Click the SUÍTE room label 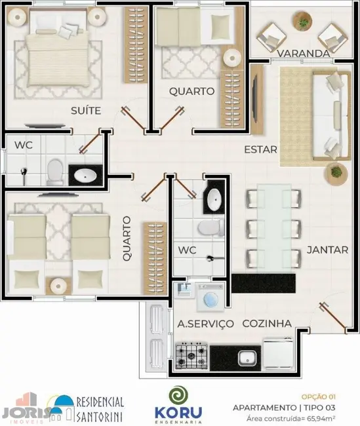click(85, 111)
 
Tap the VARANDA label click(302, 53)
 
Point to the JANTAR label click(322, 250)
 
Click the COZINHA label click(267, 323)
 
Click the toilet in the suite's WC click(54, 171)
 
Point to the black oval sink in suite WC click(84, 175)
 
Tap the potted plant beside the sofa click(336, 172)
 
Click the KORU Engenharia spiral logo click(177, 396)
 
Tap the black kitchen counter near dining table click(265, 284)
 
